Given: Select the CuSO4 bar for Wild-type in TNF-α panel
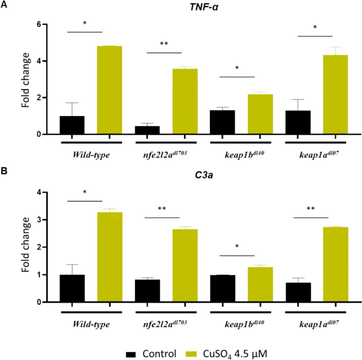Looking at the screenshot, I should coord(110,90).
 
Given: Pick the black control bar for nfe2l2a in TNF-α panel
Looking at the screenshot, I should coord(147,130).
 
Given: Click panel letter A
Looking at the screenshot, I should coord(4,5).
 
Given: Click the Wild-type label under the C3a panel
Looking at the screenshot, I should coord(91,324).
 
